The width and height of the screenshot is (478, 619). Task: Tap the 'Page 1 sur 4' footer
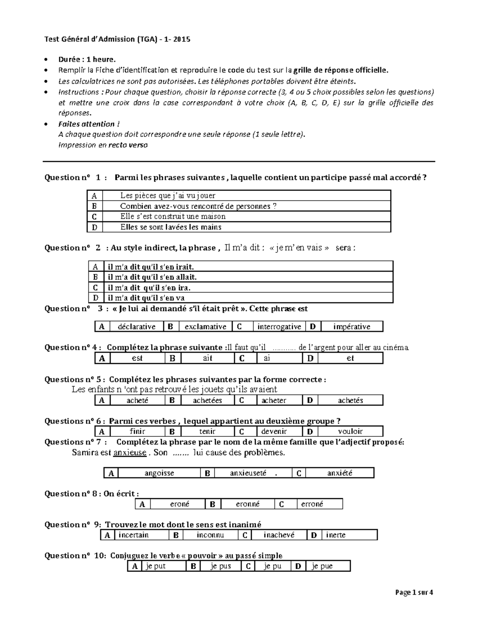click(x=414, y=592)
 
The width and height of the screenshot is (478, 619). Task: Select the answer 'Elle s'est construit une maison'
click(x=173, y=216)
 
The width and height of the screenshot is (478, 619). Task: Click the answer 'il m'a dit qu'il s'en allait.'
click(x=153, y=277)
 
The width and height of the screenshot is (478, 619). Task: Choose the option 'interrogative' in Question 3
click(x=279, y=326)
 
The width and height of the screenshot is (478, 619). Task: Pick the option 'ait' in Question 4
click(x=208, y=358)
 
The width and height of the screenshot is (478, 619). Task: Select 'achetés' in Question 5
click(x=350, y=400)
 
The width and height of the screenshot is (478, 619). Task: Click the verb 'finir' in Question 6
click(x=137, y=431)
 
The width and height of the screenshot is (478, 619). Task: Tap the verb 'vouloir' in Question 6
click(x=350, y=431)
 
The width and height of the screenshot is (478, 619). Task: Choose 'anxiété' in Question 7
click(x=339, y=473)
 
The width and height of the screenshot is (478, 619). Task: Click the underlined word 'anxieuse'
click(x=130, y=452)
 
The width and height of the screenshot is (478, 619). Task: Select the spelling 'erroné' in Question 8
click(x=312, y=504)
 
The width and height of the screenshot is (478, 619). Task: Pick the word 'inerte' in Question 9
click(x=336, y=535)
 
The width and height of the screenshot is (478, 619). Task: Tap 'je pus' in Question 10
click(x=221, y=566)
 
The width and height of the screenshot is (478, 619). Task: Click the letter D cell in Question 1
click(x=94, y=227)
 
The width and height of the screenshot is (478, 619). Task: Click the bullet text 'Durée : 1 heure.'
click(x=87, y=59)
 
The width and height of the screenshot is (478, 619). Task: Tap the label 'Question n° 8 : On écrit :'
click(x=92, y=493)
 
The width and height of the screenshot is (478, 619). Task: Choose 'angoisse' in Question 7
click(x=159, y=473)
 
